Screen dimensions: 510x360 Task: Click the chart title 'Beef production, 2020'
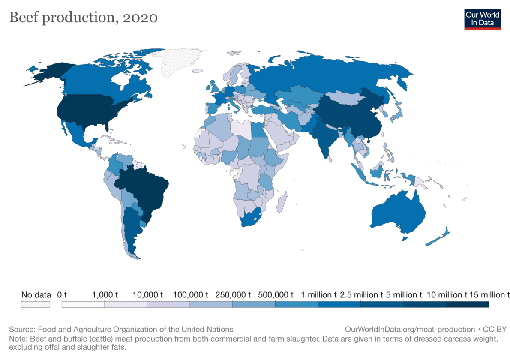pyautogui.click(x=83, y=18)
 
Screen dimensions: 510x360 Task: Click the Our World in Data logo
pyautogui.click(x=482, y=19)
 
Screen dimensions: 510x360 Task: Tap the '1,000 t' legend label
pyautogui.click(x=105, y=295)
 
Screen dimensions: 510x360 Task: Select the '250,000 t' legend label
pyautogui.click(x=233, y=295)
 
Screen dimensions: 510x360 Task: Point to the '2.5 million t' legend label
pyautogui.click(x=361, y=295)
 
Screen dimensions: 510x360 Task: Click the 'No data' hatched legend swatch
pyautogui.click(x=36, y=304)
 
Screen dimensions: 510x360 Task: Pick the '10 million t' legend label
pyautogui.click(x=447, y=295)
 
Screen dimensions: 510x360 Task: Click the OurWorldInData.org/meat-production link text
pyautogui.click(x=410, y=330)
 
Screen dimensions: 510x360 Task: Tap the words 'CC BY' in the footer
pyautogui.click(x=495, y=330)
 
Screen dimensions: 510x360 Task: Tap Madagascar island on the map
pyautogui.click(x=282, y=201)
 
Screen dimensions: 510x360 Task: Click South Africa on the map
pyautogui.click(x=250, y=218)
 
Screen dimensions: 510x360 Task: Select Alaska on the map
pyautogui.click(x=49, y=73)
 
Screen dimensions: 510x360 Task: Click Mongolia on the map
pyautogui.click(x=344, y=98)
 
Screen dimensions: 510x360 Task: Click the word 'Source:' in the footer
pyautogui.click(x=22, y=330)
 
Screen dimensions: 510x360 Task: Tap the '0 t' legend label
pyautogui.click(x=62, y=295)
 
